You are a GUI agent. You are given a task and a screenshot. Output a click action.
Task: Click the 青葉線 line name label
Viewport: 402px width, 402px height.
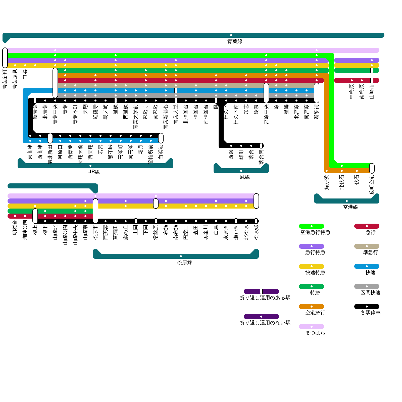pos(235,41)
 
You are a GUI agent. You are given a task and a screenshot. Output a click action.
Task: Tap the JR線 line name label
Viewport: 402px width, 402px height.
pos(94,172)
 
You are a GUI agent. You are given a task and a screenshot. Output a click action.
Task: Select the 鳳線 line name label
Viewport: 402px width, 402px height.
pos(245,177)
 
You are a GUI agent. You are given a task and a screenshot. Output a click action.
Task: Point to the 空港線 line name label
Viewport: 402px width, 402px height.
pos(350,207)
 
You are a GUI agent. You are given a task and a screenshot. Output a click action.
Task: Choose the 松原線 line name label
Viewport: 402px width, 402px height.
pos(184,263)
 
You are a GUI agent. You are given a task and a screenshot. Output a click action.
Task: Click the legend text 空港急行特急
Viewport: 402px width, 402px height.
pos(315,232)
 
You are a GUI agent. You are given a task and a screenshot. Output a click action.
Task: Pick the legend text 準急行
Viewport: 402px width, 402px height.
pos(370,253)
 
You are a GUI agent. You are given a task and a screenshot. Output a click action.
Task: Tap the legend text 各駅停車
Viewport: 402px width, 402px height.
pos(370,313)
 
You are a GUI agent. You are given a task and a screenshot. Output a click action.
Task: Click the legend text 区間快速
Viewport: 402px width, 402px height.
pos(370,293)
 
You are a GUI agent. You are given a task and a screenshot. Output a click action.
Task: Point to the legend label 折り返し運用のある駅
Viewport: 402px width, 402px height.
pos(265,298)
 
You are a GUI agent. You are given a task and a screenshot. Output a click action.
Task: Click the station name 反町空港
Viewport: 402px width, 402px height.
pos(372,185)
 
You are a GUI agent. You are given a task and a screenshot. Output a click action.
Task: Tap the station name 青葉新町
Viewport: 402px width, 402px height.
pos(5,79)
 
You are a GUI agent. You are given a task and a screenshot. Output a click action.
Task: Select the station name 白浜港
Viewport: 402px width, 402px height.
pos(161,152)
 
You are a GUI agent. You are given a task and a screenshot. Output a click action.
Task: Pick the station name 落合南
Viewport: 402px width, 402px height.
pos(261,157)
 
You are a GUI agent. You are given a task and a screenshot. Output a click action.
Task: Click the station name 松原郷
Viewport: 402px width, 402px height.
pos(256,232)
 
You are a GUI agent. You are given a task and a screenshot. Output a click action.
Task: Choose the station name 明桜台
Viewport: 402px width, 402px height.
pos(15,227)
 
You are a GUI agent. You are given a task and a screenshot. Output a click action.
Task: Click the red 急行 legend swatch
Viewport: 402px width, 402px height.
pos(367,226)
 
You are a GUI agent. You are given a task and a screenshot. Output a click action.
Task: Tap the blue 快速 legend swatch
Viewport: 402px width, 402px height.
pos(367,266)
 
